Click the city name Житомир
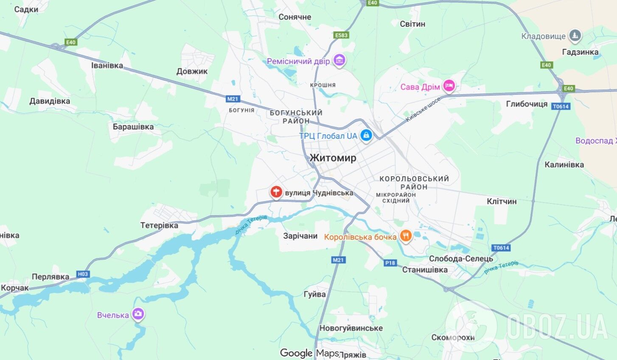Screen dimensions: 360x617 [333, 158]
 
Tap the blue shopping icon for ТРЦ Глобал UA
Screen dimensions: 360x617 [366, 136]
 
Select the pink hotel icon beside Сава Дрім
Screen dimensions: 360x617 [449, 87]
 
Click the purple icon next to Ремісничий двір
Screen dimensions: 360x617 [339, 61]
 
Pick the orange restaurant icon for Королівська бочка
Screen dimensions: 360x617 [406, 236]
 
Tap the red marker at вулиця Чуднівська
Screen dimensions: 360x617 [276, 192]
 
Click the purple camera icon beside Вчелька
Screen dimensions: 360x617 [138, 315]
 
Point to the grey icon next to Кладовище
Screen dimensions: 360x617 [575, 36]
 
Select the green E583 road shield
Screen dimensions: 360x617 [341, 35]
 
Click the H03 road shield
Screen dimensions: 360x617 [83, 274]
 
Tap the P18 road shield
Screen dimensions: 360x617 [390, 263]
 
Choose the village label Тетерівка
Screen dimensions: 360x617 [159, 225]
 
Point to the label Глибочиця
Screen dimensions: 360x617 [527, 104]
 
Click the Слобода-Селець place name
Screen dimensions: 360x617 [461, 259]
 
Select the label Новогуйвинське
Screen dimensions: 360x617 [351, 328]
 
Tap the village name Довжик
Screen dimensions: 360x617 [192, 71]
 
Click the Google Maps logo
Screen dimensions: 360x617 [309, 353]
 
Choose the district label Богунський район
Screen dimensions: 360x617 [296, 117]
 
